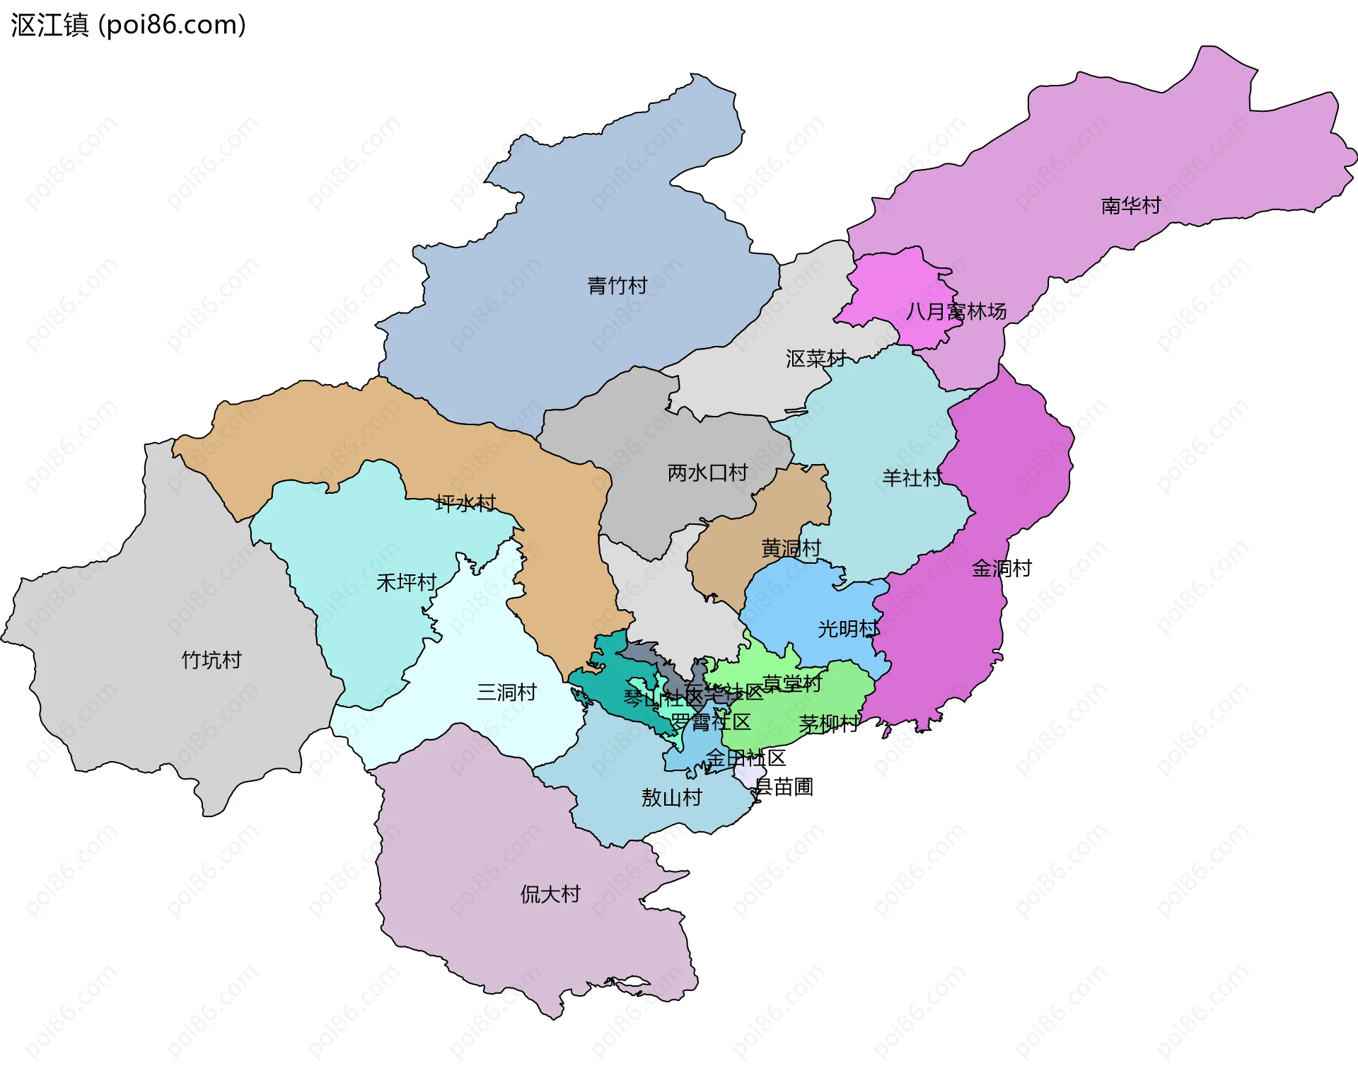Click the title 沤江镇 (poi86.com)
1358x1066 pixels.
(x=128, y=25)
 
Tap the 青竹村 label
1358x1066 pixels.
(x=617, y=286)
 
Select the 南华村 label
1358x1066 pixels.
(x=1130, y=205)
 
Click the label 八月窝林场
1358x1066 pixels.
(x=956, y=311)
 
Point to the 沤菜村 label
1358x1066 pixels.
(x=816, y=359)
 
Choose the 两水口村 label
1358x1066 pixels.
(x=707, y=473)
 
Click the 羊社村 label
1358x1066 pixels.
(x=912, y=478)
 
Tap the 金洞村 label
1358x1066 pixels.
(x=1001, y=568)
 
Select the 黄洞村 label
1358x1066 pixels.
(x=791, y=548)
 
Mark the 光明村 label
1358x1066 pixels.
(x=848, y=629)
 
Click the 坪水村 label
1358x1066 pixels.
(x=465, y=504)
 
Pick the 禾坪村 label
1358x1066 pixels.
(x=406, y=583)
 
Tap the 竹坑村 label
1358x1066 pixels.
(x=211, y=660)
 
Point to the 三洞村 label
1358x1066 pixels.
(x=506, y=692)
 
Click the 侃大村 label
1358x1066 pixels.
(x=550, y=894)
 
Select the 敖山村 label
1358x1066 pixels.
(x=671, y=798)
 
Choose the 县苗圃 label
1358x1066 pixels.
(x=784, y=787)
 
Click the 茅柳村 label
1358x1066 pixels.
(x=828, y=724)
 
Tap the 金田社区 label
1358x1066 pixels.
(x=745, y=758)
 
